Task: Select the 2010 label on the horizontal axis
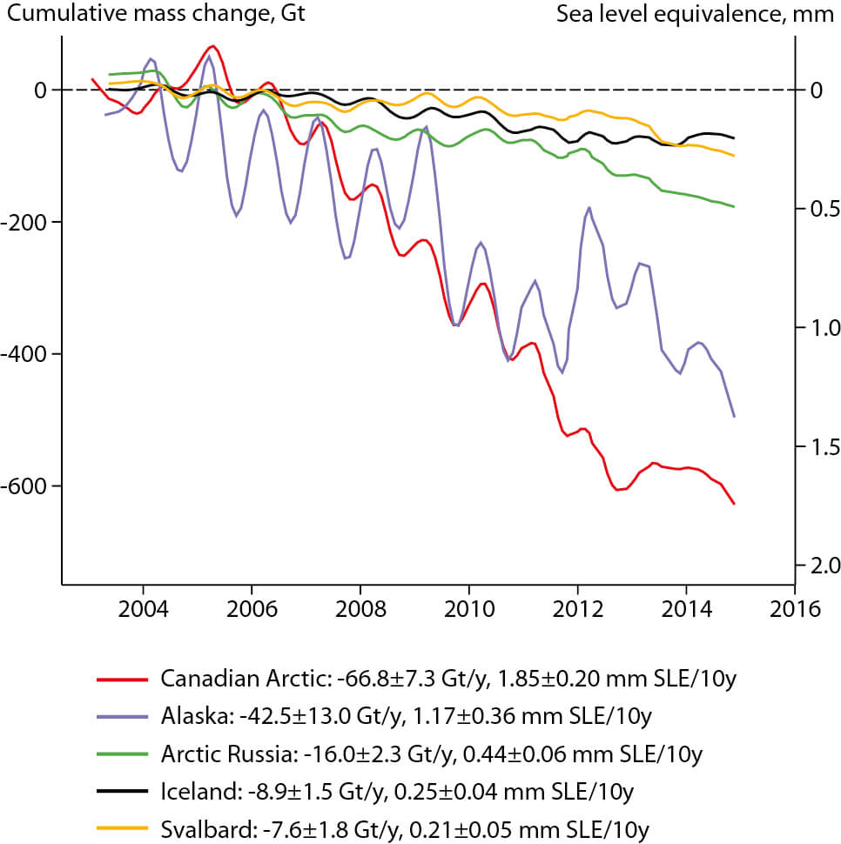[x=468, y=608]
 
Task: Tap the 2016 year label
[x=795, y=608]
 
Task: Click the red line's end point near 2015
[x=735, y=504]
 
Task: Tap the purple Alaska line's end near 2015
[x=735, y=417]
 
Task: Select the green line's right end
[x=735, y=207]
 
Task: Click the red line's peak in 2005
[x=212, y=46]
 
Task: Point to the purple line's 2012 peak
[x=589, y=207]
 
